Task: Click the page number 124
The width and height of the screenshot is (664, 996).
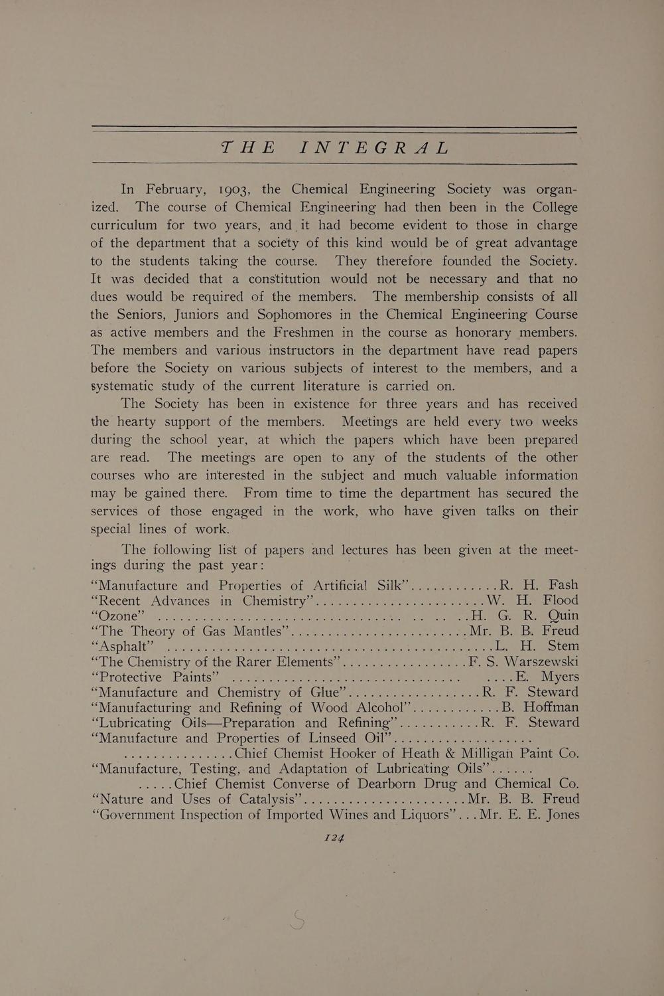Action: (x=334, y=838)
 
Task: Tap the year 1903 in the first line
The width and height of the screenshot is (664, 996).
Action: (x=232, y=189)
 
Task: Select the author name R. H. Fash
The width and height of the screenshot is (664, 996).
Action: (x=539, y=585)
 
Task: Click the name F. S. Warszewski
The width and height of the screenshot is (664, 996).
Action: (x=523, y=661)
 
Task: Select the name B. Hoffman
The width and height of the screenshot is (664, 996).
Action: (x=540, y=707)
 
